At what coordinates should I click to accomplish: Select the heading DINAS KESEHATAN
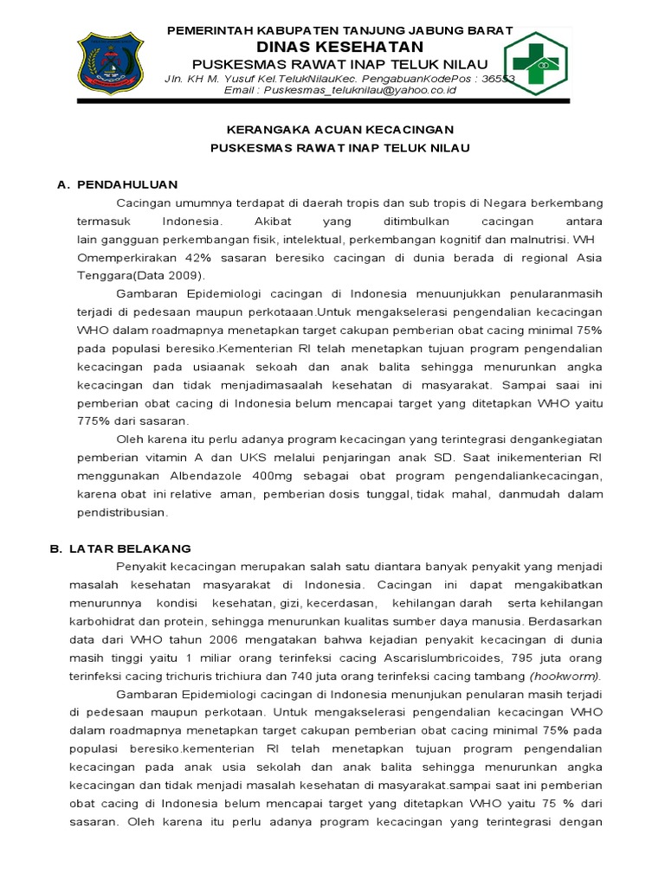[340, 47]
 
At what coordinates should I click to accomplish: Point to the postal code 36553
[498, 78]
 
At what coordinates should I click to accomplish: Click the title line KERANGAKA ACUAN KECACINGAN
[340, 129]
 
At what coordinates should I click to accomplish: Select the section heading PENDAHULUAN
[127, 184]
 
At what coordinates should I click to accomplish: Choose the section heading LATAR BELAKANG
[133, 549]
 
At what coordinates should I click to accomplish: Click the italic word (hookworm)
[565, 676]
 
